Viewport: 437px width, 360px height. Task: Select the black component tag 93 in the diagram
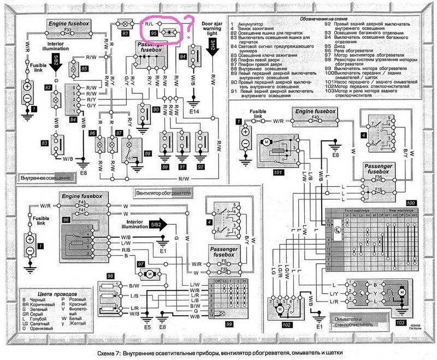125,33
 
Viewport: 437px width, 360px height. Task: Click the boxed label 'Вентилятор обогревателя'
160,193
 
